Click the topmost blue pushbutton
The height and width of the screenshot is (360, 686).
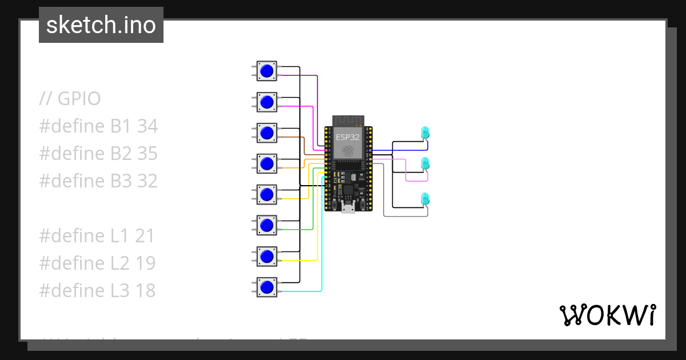[x=266, y=71]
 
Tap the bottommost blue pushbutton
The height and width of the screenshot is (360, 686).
[x=266, y=287]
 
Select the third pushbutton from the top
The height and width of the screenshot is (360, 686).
[x=266, y=133]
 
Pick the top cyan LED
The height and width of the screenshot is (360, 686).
[x=425, y=133]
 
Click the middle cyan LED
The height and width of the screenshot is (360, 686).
[x=425, y=163]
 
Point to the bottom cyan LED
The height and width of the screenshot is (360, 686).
[x=425, y=199]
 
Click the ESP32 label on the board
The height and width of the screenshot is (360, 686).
[x=348, y=137]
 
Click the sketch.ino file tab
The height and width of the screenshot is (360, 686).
[x=101, y=25]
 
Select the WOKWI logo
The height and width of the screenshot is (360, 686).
[x=607, y=315]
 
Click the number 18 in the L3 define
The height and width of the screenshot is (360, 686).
[x=145, y=291]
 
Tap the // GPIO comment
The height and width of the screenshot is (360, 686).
[x=70, y=99]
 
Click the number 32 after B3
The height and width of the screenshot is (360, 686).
[x=147, y=181]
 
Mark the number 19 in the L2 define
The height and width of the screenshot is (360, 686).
[x=145, y=263]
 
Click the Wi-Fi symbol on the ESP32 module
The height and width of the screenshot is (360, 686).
[x=348, y=151]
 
